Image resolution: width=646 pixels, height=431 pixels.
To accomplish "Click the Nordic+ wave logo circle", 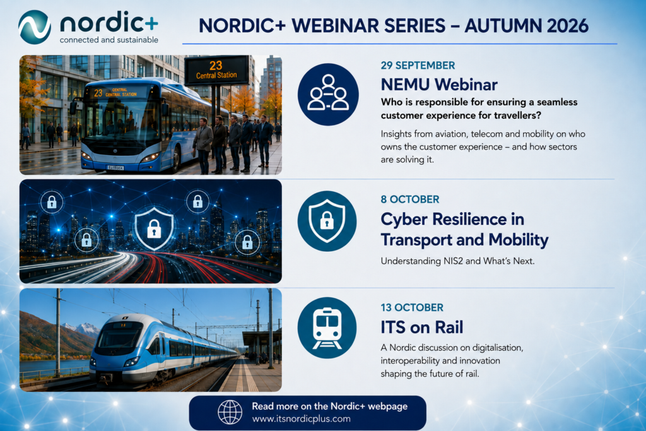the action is (35, 27).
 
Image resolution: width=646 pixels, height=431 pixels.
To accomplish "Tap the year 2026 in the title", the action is (568, 25).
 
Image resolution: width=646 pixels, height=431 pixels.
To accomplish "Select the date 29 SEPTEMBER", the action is (418, 66).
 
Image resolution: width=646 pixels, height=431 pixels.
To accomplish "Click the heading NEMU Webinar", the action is (439, 85).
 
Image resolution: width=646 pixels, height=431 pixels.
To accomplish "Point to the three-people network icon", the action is (328, 95).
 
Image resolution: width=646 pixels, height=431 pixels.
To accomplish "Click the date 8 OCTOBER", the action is (410, 199).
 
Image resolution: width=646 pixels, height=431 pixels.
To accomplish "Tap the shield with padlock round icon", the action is (327, 221).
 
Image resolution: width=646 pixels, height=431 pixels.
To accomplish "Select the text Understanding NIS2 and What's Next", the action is (457, 261).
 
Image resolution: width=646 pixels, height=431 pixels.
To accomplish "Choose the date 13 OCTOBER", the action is (412, 307).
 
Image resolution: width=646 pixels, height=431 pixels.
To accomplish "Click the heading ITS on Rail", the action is (422, 327).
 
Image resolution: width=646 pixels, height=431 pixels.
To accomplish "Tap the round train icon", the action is (327, 328).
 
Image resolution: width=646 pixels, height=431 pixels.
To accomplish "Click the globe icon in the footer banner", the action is (230, 412).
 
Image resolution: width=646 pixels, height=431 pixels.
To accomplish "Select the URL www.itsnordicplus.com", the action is (301, 419).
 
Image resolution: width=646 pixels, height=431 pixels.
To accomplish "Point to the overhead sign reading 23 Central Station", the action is (216, 70).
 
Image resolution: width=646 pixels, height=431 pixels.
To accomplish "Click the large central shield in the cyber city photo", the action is (154, 228).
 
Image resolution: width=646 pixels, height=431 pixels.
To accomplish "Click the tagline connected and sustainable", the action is (109, 40).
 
